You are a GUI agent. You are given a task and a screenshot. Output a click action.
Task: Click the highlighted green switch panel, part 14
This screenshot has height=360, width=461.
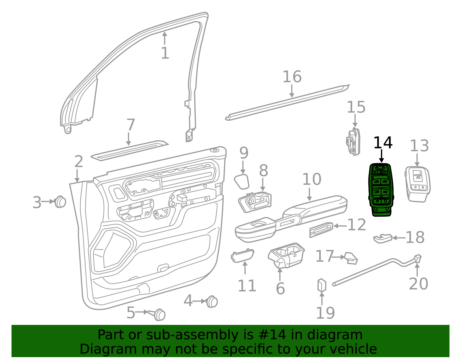381,190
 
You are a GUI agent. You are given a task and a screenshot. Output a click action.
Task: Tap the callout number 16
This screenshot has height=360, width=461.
292,77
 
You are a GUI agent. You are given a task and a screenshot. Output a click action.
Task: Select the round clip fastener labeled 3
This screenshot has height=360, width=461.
60,202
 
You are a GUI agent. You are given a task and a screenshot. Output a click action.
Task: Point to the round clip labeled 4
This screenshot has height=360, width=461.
211,301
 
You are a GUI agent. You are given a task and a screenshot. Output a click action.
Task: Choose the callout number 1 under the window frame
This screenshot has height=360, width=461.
165,53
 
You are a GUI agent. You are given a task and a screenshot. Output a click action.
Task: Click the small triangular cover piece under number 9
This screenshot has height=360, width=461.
242,182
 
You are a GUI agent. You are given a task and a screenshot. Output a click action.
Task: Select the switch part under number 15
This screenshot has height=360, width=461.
353,142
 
